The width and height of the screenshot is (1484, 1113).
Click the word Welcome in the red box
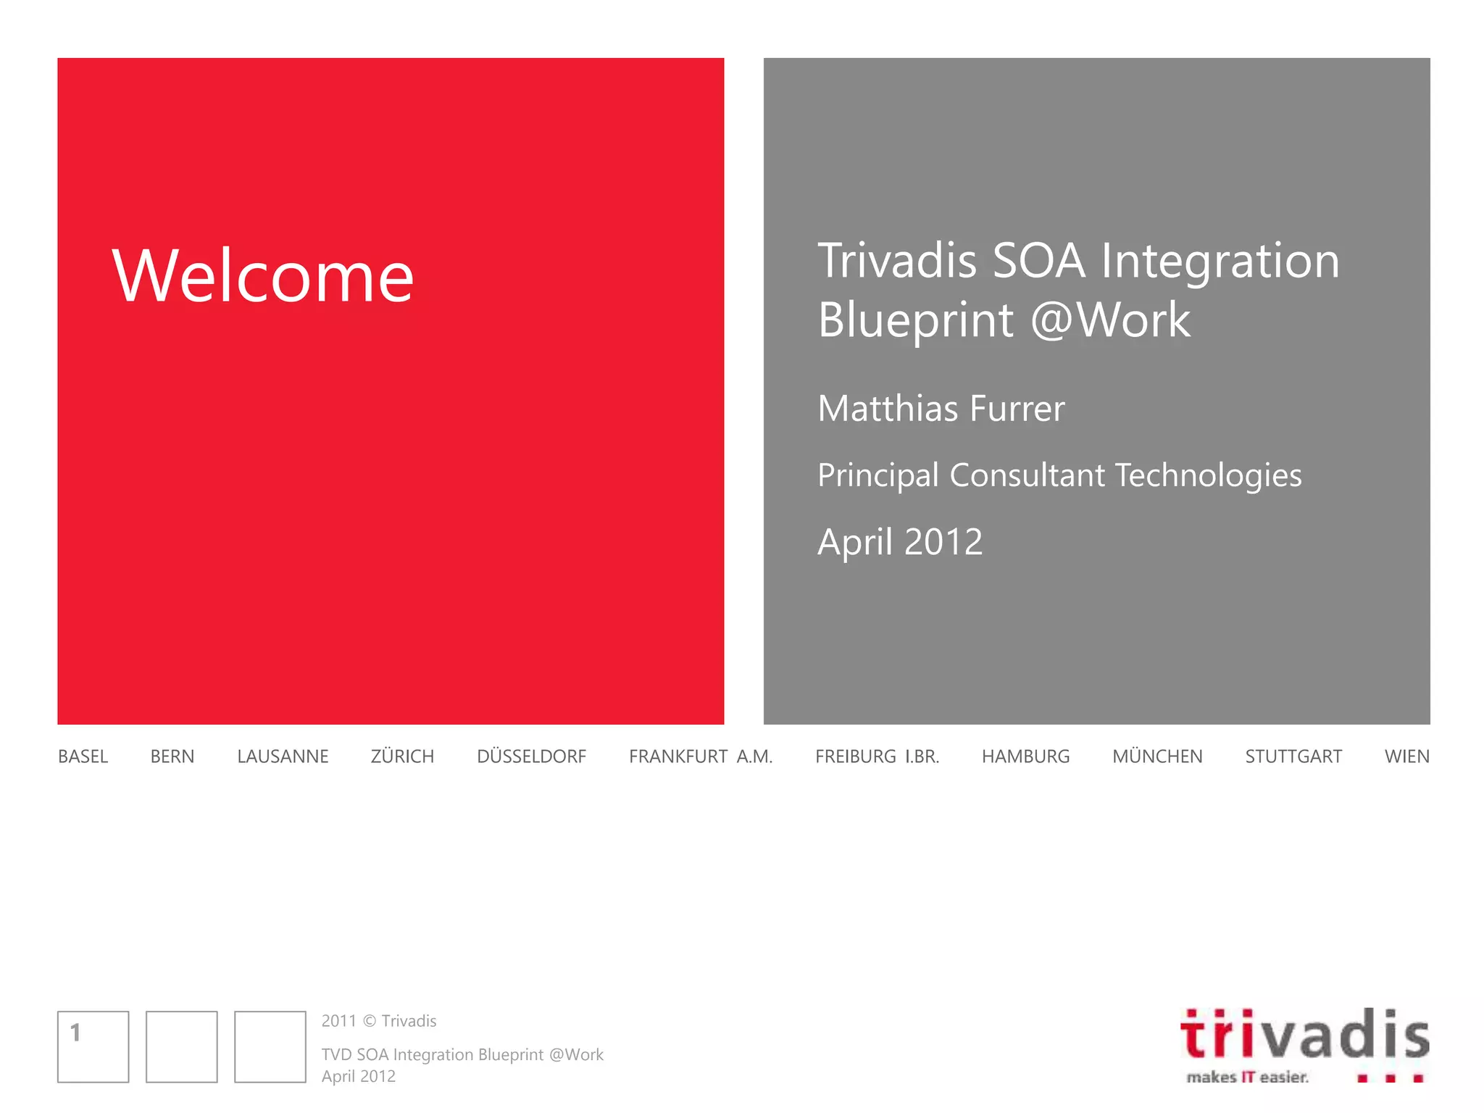coord(263,276)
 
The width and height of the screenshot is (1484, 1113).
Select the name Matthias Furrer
coord(941,409)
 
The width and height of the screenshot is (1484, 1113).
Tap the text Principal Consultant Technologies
coord(1059,475)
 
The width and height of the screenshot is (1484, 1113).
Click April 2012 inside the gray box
coord(899,542)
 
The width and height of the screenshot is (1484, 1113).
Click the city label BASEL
coord(83,756)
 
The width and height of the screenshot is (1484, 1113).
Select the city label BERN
coord(172,756)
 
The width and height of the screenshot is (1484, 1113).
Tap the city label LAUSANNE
coord(283,756)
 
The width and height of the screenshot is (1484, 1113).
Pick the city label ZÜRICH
coord(402,756)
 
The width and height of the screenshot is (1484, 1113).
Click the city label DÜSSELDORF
coord(531,756)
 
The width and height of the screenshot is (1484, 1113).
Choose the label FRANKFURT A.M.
coord(700,756)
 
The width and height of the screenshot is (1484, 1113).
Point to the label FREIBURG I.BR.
coord(877,756)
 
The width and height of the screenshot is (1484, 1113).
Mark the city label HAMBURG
coord(1025,756)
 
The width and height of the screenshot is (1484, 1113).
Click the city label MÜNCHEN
coord(1157,756)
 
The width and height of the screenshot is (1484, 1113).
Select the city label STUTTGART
coord(1293,756)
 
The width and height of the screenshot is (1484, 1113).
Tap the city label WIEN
coord(1406,756)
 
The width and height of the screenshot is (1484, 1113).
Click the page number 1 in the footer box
coord(75,1033)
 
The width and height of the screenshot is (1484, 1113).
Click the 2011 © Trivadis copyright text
coord(379,1021)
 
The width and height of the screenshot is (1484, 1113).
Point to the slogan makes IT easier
coord(1247,1077)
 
